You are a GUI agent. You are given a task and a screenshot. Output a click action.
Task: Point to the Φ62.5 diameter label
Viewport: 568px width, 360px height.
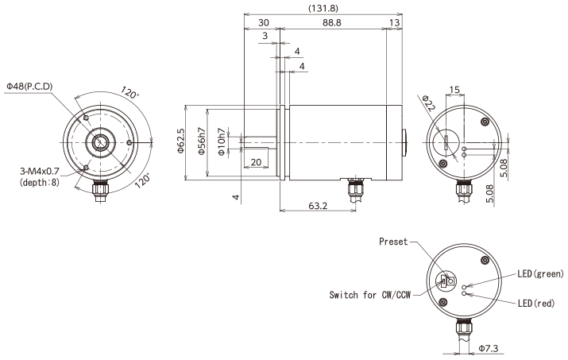pos(181,140)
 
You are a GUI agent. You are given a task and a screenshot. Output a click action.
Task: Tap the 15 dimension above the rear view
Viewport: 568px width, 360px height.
pos(454,88)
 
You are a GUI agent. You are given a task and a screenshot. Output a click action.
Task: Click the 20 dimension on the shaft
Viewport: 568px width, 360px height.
pos(255,162)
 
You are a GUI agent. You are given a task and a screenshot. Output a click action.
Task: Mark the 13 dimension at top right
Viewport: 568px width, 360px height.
pos(395,24)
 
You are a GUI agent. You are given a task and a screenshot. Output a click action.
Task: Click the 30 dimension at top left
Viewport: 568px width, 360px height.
pos(263,24)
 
